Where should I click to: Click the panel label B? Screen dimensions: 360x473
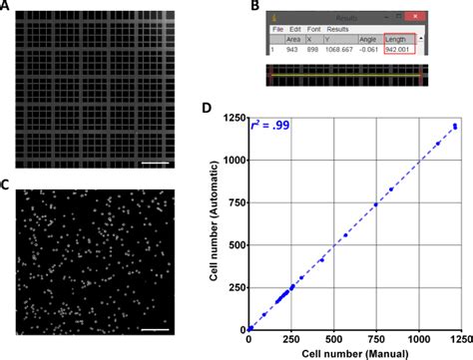256,7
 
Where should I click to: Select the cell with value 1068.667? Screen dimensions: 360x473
345,49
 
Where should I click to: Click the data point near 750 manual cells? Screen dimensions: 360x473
376,204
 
